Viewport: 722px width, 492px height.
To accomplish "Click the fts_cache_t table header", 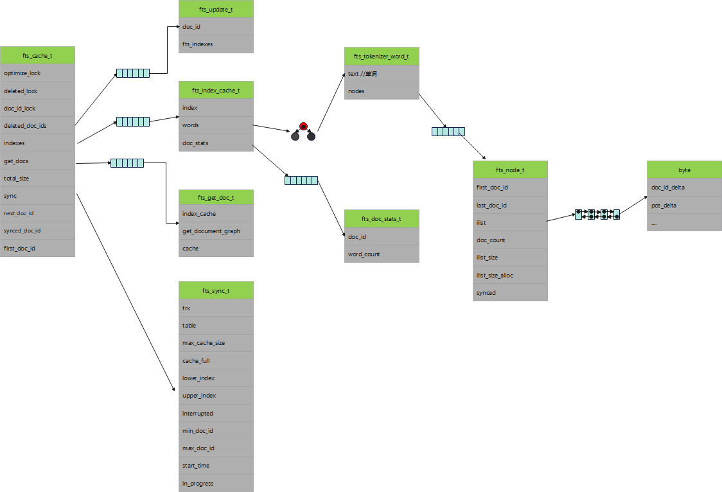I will tap(37, 56).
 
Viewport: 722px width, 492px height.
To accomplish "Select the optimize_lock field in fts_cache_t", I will tap(37, 73).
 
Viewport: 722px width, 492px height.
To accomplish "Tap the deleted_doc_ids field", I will tap(37, 126).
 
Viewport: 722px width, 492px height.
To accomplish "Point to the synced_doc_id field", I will tap(37, 231).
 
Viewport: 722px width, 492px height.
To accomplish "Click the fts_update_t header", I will tap(216, 10).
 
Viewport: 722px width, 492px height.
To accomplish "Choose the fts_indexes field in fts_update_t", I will tap(216, 44).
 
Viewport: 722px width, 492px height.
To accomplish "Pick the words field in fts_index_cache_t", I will tap(216, 125).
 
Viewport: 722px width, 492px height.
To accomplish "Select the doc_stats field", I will tap(216, 143).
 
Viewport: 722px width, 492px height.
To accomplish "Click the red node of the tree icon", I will tap(303, 125).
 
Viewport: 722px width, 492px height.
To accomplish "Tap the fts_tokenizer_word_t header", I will tap(382, 57).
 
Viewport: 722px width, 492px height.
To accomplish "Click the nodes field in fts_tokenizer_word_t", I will tap(382, 91).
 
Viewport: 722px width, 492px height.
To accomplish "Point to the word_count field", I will tap(382, 254).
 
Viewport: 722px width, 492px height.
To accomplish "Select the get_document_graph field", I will tap(216, 231).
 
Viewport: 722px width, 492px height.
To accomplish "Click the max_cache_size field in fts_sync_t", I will tap(216, 343).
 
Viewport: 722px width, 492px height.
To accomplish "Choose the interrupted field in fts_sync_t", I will tap(216, 414).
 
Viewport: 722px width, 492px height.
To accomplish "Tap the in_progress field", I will tap(216, 484).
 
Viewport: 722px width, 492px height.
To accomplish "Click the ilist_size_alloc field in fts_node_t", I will tap(510, 276).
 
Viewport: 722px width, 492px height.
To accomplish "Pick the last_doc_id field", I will tap(510, 206).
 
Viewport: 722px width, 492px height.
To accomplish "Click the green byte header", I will tap(684, 170).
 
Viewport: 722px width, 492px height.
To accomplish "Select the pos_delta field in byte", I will tap(684, 206).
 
